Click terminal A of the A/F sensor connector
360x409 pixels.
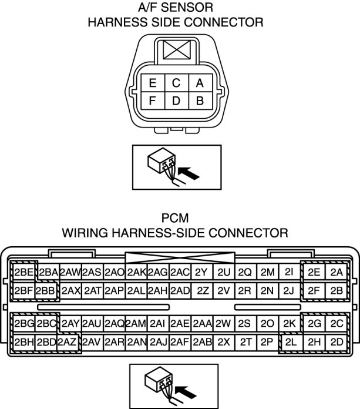click(x=200, y=83)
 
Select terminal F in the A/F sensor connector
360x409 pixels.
click(x=153, y=100)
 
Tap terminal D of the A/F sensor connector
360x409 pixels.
click(x=176, y=100)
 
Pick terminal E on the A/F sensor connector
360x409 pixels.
click(x=153, y=83)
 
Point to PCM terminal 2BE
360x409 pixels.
click(x=24, y=272)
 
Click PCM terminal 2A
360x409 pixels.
click(x=336, y=272)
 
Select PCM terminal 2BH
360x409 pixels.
click(x=24, y=342)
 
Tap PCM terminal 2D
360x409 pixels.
click(x=336, y=342)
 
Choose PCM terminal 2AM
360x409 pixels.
click(x=135, y=324)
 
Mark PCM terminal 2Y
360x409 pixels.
click(x=201, y=272)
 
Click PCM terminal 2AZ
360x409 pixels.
click(x=68, y=342)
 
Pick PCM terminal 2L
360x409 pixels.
click(x=290, y=342)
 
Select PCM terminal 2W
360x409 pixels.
click(x=223, y=324)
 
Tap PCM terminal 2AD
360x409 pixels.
click(x=180, y=290)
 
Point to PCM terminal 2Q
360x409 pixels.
click(x=245, y=272)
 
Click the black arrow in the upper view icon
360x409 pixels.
click(x=189, y=173)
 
